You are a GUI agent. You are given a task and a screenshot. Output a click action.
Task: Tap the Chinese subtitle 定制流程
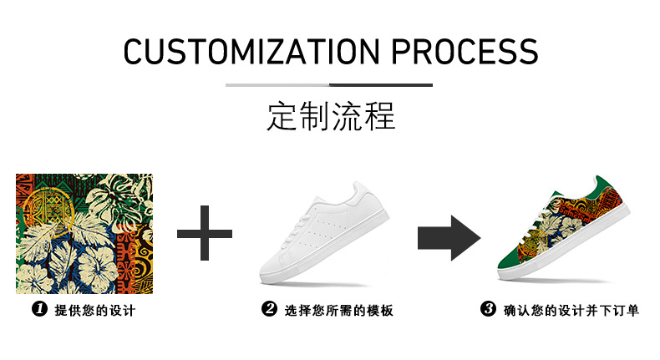pos(331,116)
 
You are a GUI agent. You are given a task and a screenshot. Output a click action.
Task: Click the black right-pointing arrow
pos(449,236)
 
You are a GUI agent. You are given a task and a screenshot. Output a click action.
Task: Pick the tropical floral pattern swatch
pos(84,233)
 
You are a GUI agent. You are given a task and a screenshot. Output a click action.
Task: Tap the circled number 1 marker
pos(38,311)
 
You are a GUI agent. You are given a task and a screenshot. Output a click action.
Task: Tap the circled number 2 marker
pos(269,311)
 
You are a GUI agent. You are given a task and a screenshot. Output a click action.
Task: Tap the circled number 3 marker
pos(489,311)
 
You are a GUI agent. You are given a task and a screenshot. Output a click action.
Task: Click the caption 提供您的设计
pos(94,311)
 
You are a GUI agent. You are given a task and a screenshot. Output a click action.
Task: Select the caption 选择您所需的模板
pos(338,311)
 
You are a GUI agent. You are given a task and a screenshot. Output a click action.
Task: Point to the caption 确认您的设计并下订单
pos(571,311)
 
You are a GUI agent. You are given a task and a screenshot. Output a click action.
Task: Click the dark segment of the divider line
pos(381,85)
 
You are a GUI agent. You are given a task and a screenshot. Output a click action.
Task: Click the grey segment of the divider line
pos(277,85)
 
